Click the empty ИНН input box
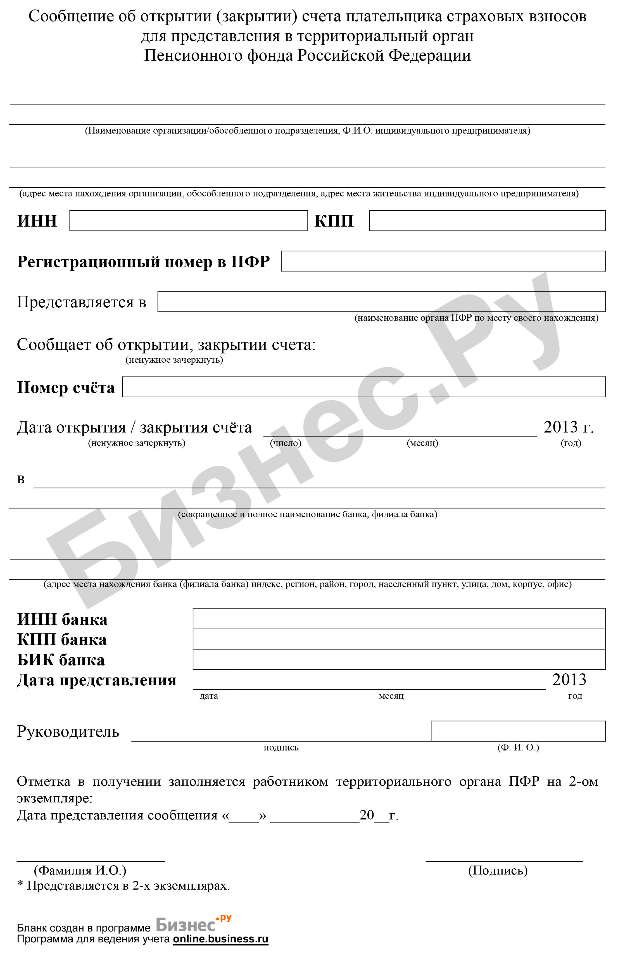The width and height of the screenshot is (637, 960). [x=189, y=221]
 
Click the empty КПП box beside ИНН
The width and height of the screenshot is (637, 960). [x=487, y=221]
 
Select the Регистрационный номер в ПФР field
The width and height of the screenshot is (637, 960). [x=443, y=261]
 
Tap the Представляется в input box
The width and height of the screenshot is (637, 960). [x=381, y=302]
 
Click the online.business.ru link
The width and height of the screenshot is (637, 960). [x=221, y=939]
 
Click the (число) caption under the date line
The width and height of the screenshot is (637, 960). [x=286, y=443]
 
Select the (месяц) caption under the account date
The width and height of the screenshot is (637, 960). [x=422, y=443]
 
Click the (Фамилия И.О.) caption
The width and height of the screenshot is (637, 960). [x=80, y=870]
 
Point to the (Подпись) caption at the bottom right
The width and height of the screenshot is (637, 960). [x=498, y=870]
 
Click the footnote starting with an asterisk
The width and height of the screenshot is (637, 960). [x=123, y=885]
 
